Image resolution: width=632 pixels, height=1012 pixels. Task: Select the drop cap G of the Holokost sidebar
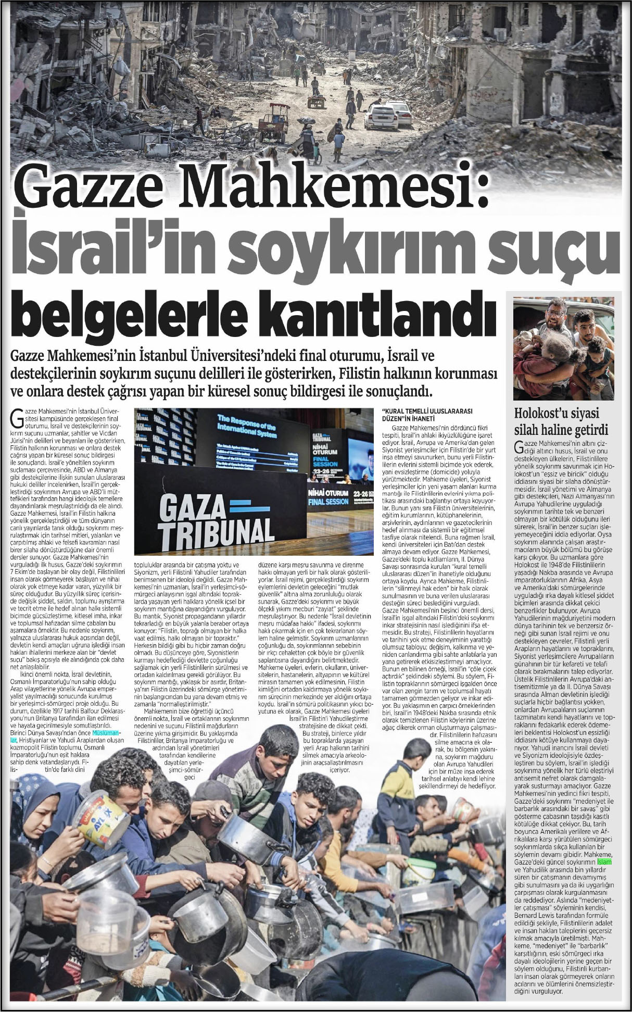(x=518, y=447)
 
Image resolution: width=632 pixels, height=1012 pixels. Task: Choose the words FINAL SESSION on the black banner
(x=328, y=502)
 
